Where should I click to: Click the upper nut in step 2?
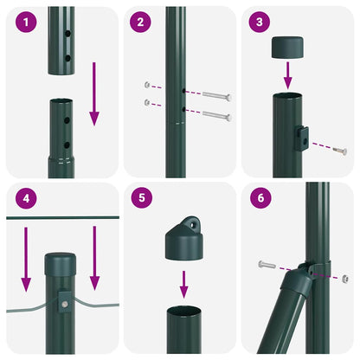(149, 86)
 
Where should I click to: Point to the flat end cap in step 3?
(288, 48)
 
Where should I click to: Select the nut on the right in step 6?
(344, 278)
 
